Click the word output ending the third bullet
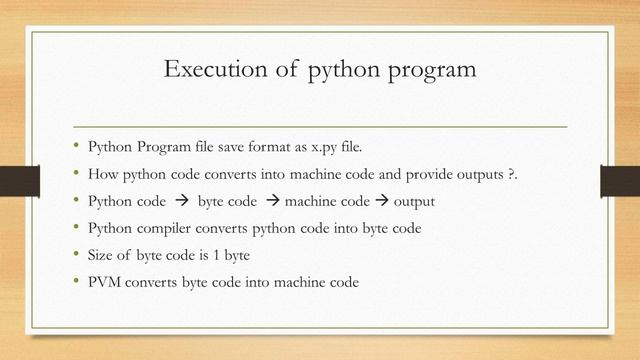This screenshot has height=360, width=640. (x=413, y=202)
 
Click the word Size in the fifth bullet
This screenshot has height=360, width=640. (x=104, y=255)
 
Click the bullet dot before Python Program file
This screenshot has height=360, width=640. (x=76, y=148)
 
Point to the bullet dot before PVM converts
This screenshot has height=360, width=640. (x=76, y=281)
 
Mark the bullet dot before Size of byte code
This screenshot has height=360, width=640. (x=76, y=254)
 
